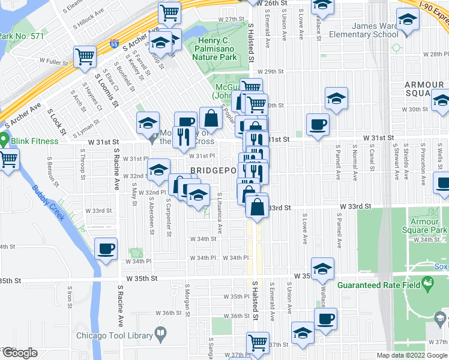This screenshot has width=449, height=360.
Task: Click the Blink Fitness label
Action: click(34, 141)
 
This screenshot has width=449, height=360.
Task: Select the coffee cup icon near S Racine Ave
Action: click(106, 249)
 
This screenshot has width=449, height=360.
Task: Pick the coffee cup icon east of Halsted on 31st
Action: click(318, 125)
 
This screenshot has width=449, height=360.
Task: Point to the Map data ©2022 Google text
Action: click(411, 355)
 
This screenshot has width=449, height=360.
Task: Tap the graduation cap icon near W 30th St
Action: click(337, 98)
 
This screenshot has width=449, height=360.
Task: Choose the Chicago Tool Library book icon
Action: click(161, 333)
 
